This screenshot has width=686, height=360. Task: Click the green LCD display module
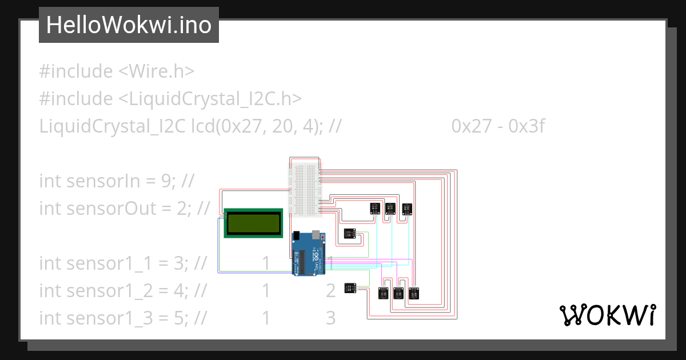253,223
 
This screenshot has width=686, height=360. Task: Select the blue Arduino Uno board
309,254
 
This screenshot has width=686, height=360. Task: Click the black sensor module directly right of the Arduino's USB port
349,233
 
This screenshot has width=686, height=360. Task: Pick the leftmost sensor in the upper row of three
375,209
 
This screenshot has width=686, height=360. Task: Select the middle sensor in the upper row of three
391,209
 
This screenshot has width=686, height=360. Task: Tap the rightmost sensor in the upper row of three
407,209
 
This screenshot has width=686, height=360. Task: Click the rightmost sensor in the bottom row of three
414,293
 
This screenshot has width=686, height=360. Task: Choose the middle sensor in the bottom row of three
399,293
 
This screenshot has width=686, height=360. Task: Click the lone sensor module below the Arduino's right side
350,288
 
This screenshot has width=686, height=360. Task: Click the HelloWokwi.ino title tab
129,25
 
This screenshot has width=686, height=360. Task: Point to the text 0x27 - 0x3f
497,126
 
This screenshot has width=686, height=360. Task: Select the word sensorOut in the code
107,209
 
